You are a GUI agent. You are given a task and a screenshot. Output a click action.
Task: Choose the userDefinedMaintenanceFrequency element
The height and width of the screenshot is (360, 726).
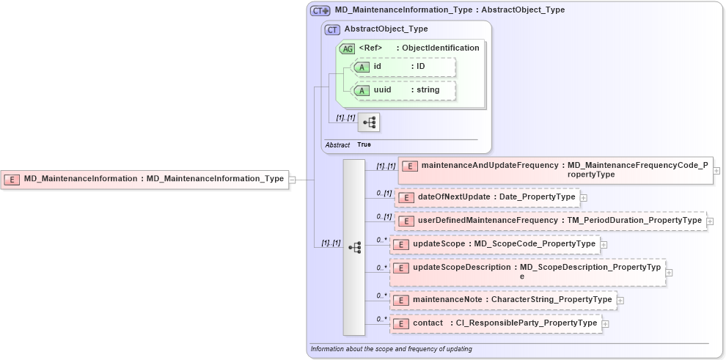pyautogui.click(x=549, y=221)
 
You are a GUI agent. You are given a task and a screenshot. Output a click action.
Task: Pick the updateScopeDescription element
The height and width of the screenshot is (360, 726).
pyautogui.click(x=527, y=272)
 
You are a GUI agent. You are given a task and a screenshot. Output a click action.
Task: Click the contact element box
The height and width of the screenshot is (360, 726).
pyautogui.click(x=496, y=323)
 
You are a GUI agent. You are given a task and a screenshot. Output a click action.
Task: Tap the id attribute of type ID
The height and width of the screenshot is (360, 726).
pyautogui.click(x=403, y=67)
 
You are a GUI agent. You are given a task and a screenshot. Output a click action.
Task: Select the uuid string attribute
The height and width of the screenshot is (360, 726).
pyautogui.click(x=403, y=90)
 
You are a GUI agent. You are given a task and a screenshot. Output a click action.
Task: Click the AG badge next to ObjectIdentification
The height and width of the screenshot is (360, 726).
pyautogui.click(x=347, y=48)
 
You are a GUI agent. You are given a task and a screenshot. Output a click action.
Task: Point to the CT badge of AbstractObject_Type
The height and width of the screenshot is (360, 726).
pyautogui.click(x=333, y=30)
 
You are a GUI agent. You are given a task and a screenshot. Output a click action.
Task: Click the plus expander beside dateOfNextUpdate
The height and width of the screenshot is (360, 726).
pyautogui.click(x=584, y=197)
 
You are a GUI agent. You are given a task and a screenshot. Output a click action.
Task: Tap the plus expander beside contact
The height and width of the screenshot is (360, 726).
pyautogui.click(x=606, y=323)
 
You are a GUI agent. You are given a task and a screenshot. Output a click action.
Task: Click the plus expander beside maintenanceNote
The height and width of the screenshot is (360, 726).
pyautogui.click(x=620, y=300)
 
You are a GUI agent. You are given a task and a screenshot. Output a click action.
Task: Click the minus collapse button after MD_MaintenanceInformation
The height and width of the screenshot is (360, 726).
pyautogui.click(x=292, y=179)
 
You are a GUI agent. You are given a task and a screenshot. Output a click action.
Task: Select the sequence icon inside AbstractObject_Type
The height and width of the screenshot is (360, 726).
pyautogui.click(x=368, y=122)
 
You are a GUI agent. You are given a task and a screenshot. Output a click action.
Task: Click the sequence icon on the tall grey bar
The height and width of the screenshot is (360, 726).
pyautogui.click(x=354, y=248)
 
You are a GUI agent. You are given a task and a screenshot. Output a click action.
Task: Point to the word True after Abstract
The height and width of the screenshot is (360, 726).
pyautogui.click(x=364, y=145)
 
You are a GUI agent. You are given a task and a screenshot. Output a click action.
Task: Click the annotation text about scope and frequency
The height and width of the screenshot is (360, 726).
pyautogui.click(x=391, y=349)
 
